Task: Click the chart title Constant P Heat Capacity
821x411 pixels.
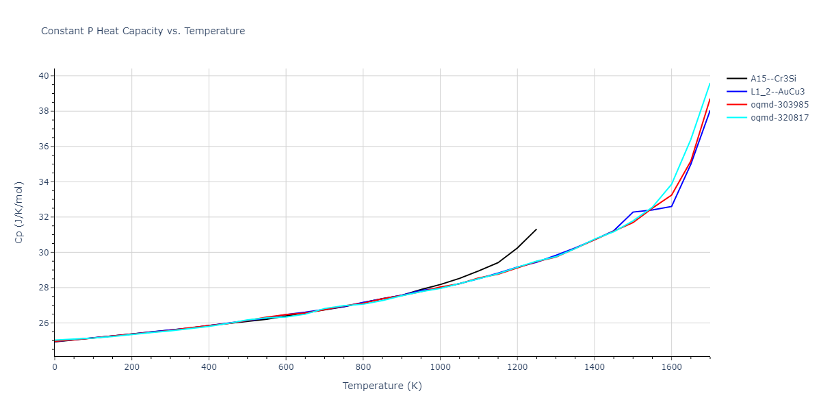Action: (143, 31)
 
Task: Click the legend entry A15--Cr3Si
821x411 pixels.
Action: (773, 79)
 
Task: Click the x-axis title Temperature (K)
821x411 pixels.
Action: (382, 386)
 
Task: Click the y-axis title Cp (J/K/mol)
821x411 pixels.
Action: (19, 212)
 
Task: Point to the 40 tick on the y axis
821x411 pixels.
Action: (43, 75)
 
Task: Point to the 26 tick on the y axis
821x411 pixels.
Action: (43, 323)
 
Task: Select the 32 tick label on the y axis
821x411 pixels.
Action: (43, 217)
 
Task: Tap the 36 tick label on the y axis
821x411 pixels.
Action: (43, 147)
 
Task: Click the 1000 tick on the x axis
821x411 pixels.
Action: (440, 367)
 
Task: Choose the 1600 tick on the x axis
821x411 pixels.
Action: (671, 367)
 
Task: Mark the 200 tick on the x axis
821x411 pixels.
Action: (132, 367)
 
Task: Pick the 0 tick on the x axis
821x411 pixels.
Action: (55, 367)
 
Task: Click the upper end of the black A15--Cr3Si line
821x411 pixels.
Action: (536, 229)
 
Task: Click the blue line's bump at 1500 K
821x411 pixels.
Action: (633, 212)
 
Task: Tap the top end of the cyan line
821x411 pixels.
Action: (709, 84)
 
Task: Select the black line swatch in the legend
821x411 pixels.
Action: (737, 79)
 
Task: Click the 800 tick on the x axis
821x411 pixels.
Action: (363, 367)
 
